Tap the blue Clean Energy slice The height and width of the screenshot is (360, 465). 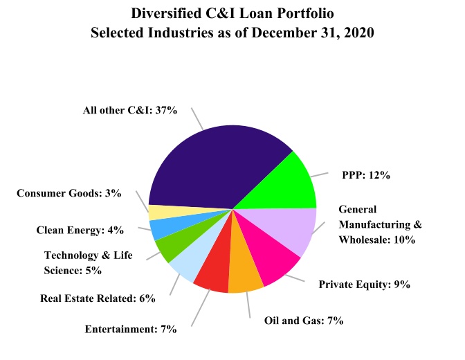point(162,228)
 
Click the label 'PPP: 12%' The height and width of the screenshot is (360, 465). point(366,175)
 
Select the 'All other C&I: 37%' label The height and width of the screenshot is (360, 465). point(130,110)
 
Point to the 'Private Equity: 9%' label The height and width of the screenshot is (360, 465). point(365,284)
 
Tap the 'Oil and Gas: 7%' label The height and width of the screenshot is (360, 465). point(304,321)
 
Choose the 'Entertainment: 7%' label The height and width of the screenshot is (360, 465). point(131,329)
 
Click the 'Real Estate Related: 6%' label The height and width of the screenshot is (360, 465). point(98,298)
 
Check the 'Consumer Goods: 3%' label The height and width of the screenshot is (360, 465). point(69,193)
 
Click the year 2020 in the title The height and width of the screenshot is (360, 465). point(358,33)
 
